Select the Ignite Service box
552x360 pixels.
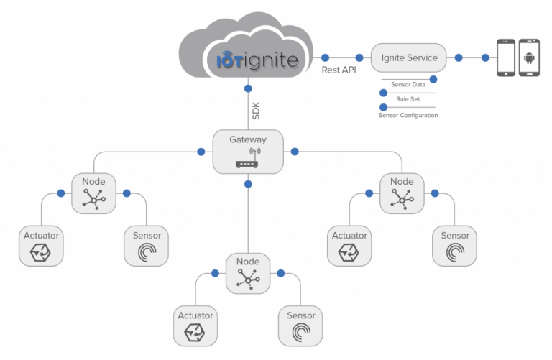tap(408, 57)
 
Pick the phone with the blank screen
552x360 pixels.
tap(506, 58)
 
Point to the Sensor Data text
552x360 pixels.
tap(408, 85)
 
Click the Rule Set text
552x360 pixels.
tap(408, 99)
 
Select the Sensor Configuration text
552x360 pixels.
tap(408, 115)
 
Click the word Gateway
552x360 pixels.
tap(247, 139)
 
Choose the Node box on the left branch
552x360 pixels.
tap(93, 193)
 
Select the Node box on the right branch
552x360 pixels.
tap(402, 193)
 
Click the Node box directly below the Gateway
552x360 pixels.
tap(247, 272)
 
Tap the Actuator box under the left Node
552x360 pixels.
tap(42, 245)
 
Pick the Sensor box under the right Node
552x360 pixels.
tap(454, 245)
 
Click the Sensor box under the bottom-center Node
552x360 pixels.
tap(300, 325)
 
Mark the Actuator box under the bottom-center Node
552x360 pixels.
tap(195, 325)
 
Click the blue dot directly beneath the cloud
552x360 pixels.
tap(247, 88)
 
